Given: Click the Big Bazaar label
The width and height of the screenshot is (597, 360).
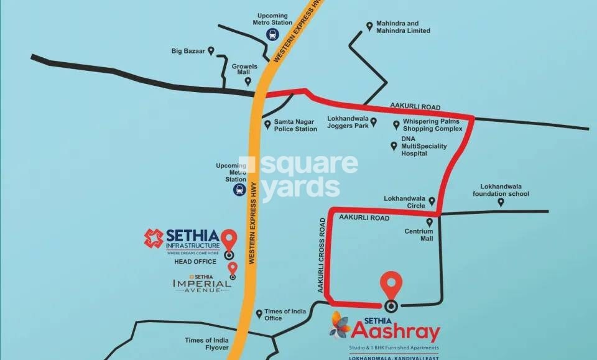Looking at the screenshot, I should pos(188,52).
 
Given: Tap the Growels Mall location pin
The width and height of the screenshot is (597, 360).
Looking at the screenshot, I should pos(248,81).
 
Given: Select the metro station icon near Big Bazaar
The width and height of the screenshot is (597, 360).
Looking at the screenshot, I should pos(272,35).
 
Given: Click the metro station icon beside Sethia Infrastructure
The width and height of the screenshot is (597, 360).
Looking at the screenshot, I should pos(239,190).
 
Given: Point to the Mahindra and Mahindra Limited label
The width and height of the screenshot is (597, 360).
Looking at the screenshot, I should pos(402,27).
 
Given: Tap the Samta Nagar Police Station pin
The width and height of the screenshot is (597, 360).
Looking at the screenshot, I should pos(267,125).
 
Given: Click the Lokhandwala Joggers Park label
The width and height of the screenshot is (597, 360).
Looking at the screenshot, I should pos(348,122).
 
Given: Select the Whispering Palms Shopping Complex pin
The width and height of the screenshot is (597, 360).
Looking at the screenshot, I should pos(396,124).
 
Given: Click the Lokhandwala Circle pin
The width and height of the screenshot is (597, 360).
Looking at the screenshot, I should pos(432,201).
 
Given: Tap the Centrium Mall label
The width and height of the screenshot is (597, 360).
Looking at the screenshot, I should pos(418,234).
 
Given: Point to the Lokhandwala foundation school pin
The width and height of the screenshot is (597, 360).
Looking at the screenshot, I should pos(501,202).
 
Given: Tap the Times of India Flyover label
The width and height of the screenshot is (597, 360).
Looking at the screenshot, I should pos(206,344).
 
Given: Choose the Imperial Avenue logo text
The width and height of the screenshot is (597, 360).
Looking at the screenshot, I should pos(201,284).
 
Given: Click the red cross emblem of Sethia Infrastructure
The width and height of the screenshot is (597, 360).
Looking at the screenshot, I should pos(154,238).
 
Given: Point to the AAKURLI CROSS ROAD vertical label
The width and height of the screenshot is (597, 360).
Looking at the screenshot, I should pos(322,255).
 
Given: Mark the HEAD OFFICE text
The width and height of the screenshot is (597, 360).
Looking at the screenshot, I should pos(195,262).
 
